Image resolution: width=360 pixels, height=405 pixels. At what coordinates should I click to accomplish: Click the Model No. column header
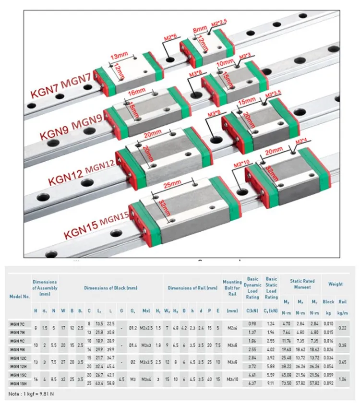click(20, 297)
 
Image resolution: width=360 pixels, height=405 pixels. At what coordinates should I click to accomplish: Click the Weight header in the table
click(335, 284)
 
